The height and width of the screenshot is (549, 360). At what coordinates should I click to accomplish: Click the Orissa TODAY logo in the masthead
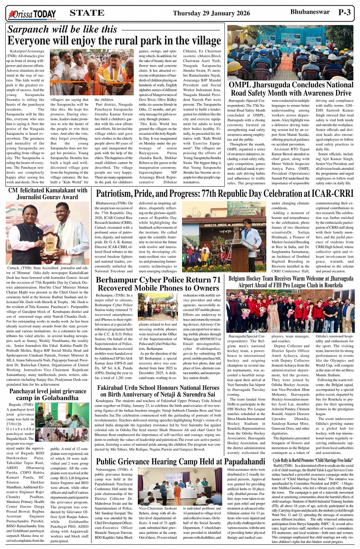click(32, 14)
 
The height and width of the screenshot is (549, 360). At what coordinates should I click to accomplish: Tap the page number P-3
click(344, 12)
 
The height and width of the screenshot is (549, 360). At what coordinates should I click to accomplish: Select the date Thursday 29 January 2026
click(211, 13)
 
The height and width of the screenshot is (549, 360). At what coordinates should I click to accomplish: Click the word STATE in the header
click(87, 13)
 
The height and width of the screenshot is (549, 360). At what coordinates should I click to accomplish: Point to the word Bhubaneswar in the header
click(310, 12)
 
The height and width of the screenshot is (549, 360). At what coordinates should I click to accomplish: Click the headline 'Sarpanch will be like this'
click(62, 29)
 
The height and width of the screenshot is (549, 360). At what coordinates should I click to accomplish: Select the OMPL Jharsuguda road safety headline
click(291, 89)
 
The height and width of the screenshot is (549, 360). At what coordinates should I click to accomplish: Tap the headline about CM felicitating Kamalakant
click(48, 193)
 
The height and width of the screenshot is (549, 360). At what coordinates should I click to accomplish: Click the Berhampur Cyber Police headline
click(158, 284)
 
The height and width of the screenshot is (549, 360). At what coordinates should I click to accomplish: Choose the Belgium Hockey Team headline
click(291, 282)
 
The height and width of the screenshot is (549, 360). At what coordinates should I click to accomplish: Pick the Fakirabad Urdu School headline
click(158, 391)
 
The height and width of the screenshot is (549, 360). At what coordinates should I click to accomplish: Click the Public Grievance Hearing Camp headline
click(180, 462)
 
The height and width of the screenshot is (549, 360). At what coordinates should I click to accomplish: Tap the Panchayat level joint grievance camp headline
click(48, 394)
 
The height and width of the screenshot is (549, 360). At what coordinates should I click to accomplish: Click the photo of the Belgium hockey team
click(291, 311)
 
